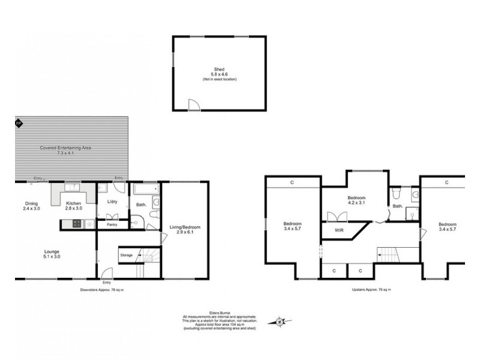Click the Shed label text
pyautogui.click(x=219, y=70)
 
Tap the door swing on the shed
pyautogui.click(x=193, y=105)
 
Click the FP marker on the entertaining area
pyautogui.click(x=19, y=124)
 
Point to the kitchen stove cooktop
pyautogui.click(x=76, y=224)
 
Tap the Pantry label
pyautogui.click(x=112, y=225)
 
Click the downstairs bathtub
pyautogui.click(x=145, y=190)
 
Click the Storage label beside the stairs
pyautogui.click(x=126, y=255)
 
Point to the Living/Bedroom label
pyautogui.click(x=185, y=227)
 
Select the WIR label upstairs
pyautogui.click(x=339, y=229)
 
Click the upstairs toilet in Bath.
pyautogui.click(x=396, y=193)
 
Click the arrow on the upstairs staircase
pyautogui.click(x=382, y=254)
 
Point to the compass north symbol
pyautogui.click(x=280, y=323)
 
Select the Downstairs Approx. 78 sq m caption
pyautogui.click(x=105, y=289)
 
